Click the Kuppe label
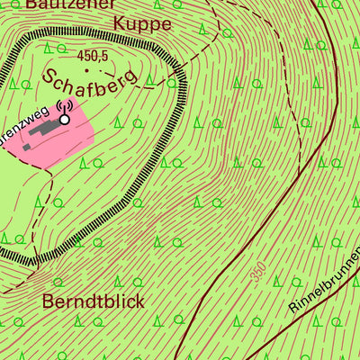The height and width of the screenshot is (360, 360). point(142,23)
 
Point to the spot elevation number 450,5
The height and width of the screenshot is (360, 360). point(92,56)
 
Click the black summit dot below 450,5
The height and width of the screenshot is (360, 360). point(88,67)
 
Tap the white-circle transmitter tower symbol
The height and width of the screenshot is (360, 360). point(64,118)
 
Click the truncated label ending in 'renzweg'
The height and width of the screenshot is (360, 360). point(25,117)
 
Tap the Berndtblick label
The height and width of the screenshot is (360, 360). point(93,301)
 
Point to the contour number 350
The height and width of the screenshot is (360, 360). point(259,273)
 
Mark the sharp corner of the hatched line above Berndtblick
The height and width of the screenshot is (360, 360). point(33,262)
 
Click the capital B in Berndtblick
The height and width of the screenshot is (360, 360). point(49,301)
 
